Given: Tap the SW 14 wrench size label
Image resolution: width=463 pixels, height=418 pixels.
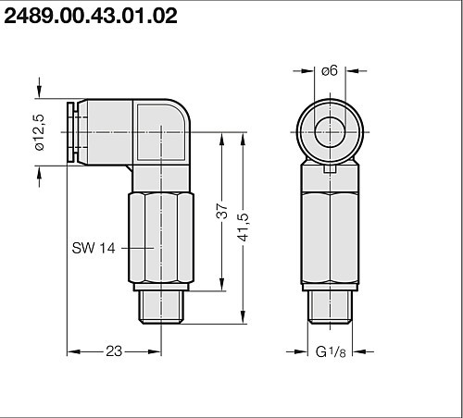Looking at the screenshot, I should pyautogui.click(x=97, y=249).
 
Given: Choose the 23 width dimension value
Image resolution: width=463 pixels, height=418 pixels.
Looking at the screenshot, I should pyautogui.click(x=114, y=351).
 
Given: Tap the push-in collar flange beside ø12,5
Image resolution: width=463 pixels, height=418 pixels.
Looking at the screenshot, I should pyautogui.click(x=70, y=134).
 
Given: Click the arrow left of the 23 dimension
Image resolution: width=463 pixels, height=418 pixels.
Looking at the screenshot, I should pyautogui.click(x=74, y=351).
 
